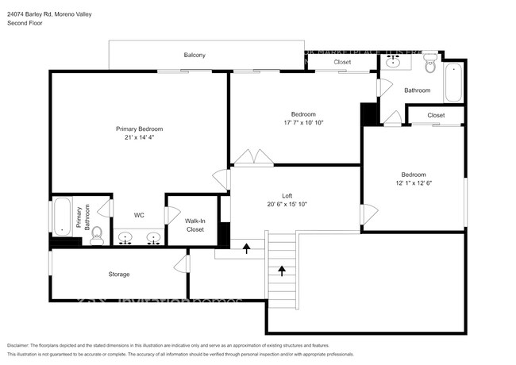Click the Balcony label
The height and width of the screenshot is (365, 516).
(194, 55)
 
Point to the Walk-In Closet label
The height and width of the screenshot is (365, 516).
(194, 225)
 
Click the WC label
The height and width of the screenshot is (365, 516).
(138, 214)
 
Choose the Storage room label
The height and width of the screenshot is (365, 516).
(119, 275)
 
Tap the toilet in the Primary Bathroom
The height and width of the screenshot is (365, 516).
(97, 234)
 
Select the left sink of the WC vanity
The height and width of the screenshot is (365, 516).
(125, 237)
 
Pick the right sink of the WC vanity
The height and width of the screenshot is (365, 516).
(154, 237)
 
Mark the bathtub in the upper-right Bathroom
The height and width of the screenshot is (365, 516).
(453, 82)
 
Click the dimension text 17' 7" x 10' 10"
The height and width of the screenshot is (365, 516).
(303, 123)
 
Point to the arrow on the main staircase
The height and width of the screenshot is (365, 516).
(281, 272)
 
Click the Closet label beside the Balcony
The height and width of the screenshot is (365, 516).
(342, 62)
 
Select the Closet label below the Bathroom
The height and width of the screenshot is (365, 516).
(436, 115)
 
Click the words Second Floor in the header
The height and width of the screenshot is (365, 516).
(25, 24)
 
